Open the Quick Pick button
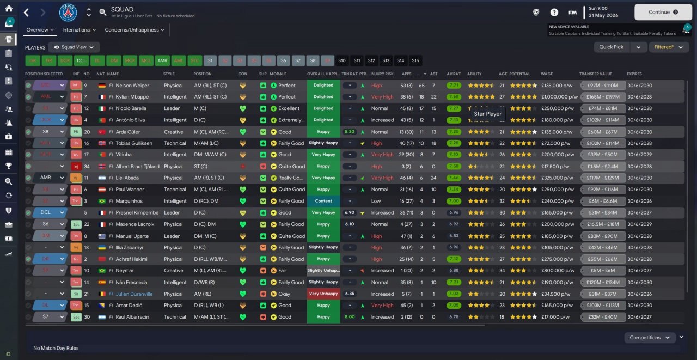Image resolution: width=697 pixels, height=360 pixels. point(612,47)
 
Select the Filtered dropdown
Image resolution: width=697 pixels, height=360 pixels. point(668,47)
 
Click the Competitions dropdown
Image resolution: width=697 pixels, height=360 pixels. point(649,338)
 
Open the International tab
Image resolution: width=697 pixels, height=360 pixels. point(79,30)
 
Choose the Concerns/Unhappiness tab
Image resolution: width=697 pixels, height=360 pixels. point(134,30)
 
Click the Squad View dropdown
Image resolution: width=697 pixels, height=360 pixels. point(74,47)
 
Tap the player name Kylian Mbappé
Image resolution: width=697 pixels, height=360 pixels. point(133,97)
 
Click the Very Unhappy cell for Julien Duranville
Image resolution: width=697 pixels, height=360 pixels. point(323,294)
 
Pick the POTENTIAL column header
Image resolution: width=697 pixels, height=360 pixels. point(520,74)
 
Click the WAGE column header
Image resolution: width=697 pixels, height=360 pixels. point(547,74)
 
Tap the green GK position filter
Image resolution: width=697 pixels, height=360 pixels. point(33,60)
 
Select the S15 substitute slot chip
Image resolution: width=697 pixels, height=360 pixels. point(415,60)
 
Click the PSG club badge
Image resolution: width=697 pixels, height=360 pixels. point(68,12)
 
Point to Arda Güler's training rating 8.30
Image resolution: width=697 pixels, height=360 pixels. point(350,132)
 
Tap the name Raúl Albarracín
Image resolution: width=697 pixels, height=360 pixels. point(132,317)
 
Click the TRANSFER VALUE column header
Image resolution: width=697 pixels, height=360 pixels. point(596,74)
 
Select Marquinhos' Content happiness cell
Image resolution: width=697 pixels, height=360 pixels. point(323,201)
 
